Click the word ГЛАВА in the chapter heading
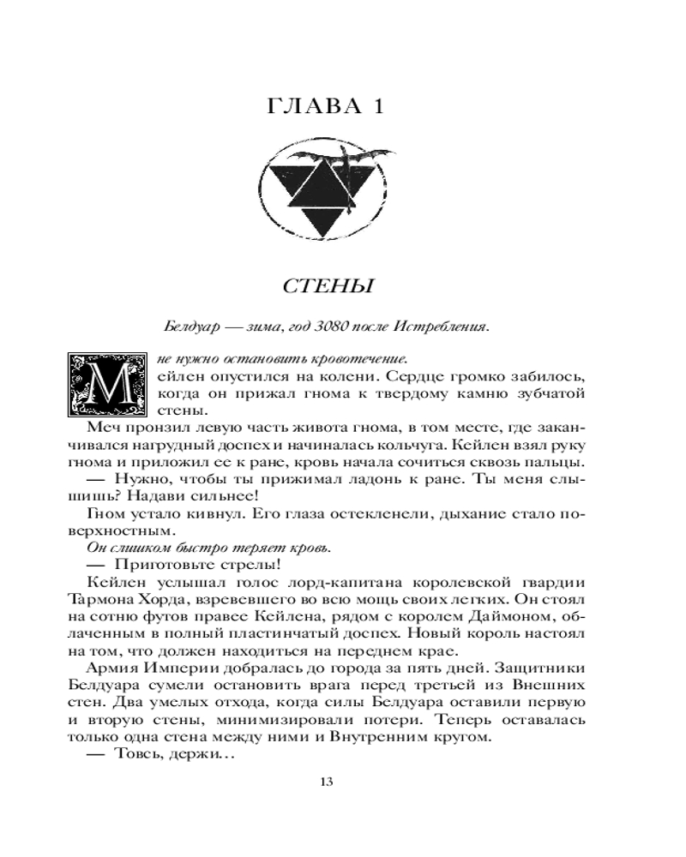pos(313,108)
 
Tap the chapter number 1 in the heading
pos(376,108)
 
